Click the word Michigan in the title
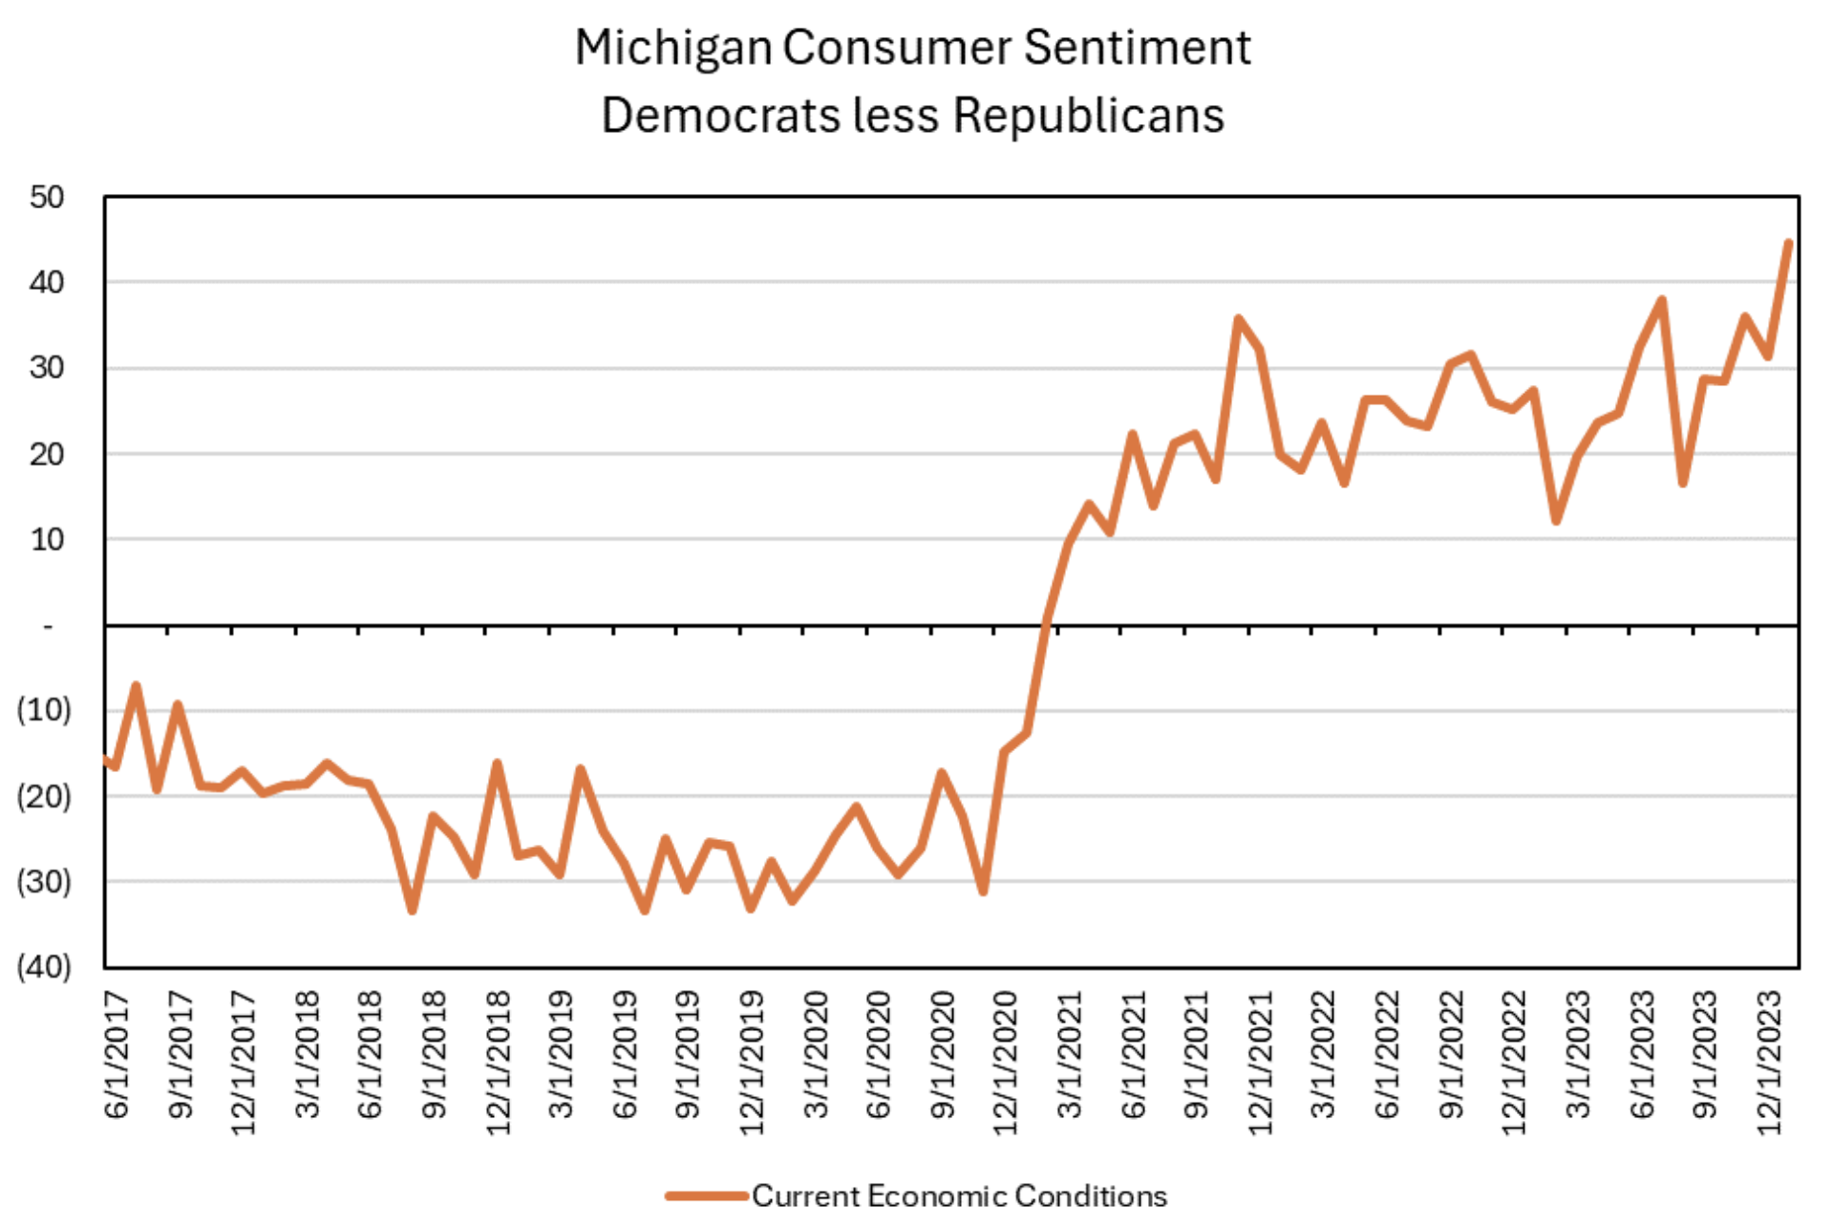pos(672,48)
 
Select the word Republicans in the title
pos(1088,116)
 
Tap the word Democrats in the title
pos(721,116)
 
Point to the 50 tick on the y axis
pos(47,198)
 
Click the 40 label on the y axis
pos(47,283)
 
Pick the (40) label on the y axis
pos(44,966)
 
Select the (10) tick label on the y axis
pos(44,710)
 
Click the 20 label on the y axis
pos(47,454)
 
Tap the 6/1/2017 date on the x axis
pos(117,1055)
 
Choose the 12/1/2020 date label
pos(1006,1063)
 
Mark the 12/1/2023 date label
pos(1769,1063)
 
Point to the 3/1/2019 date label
pos(561,1055)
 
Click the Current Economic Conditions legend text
pos(959,1195)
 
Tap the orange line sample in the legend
pos(706,1195)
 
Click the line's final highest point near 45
pos(1788,244)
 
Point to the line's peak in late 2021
pos(1239,319)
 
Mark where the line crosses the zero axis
pos(1046,625)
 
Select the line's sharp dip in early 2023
pos(1556,521)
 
